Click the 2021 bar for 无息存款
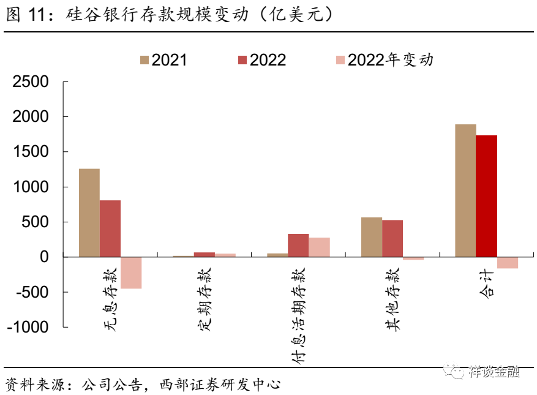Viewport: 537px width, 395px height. (x=89, y=213)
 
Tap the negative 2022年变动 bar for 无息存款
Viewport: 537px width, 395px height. (x=131, y=273)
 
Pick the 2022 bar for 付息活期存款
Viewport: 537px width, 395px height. (x=298, y=245)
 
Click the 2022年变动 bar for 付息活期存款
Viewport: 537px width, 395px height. (x=319, y=247)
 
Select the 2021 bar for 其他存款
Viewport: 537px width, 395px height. (x=372, y=237)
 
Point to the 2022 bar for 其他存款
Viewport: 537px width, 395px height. (x=392, y=238)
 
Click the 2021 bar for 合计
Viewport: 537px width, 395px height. (x=465, y=190)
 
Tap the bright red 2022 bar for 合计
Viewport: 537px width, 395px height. (x=487, y=196)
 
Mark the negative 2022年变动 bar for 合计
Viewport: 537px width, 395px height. (x=508, y=263)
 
